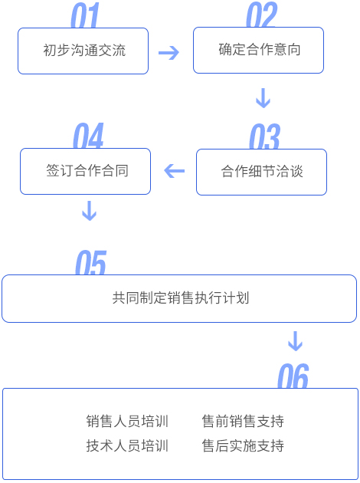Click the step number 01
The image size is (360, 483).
85,15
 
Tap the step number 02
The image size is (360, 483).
261,15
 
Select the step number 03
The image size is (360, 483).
264,136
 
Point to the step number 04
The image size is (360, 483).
88,136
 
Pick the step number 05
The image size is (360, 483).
91,262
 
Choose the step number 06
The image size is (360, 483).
293,376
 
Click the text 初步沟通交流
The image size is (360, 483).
84,50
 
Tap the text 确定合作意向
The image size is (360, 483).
260,49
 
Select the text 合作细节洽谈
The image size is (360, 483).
262,171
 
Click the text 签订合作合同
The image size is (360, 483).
87,170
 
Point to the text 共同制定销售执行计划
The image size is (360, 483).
181,298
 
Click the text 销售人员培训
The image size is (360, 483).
127,421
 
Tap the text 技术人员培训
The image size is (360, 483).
127,445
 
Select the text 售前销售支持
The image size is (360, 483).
243,421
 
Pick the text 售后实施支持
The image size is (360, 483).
243,445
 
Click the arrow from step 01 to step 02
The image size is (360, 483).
169,53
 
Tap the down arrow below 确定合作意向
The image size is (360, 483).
263,98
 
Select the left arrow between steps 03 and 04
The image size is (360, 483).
175,171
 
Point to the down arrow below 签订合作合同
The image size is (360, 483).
89,211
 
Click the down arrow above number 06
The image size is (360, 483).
296,341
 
